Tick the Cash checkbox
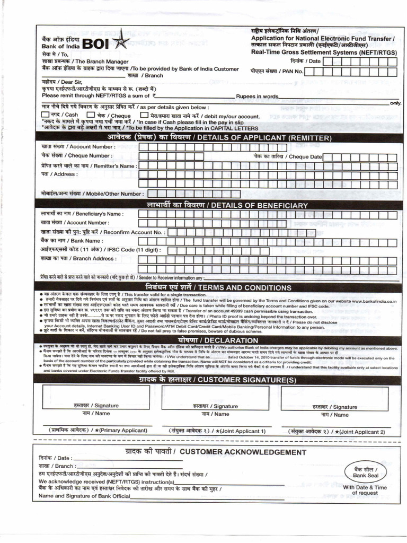45,115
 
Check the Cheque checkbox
91,115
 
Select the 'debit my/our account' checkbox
144,115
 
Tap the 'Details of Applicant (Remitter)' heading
219,138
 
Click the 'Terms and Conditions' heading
219,286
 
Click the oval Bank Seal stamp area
365,472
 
